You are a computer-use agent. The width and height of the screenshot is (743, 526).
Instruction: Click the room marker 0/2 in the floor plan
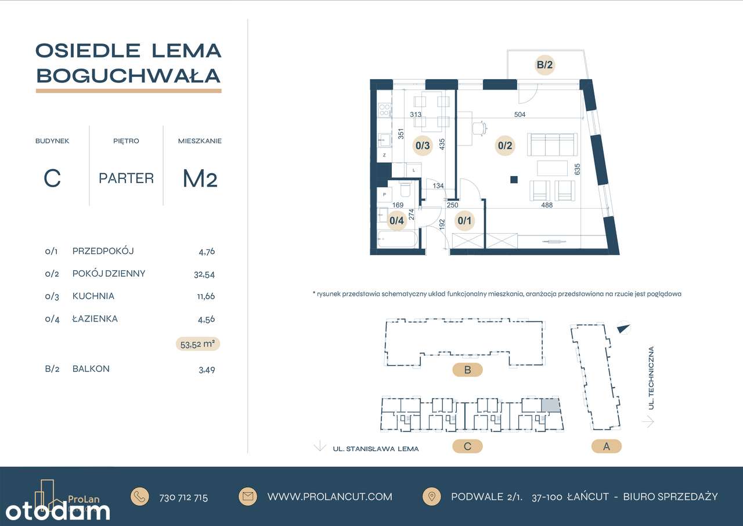tap(504, 146)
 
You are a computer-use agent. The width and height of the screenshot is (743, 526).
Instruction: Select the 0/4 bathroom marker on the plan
tap(396, 220)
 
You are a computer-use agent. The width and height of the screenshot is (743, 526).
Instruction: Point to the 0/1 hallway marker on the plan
tap(465, 220)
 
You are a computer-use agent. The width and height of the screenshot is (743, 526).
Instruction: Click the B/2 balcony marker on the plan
tap(544, 66)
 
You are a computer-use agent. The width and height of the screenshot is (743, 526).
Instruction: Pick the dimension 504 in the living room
tap(520, 114)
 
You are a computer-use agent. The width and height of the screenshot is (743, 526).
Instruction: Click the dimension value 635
tap(578, 170)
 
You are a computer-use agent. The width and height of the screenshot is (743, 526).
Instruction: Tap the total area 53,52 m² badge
tap(198, 344)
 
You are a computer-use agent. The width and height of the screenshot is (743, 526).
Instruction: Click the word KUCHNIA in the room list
tap(93, 296)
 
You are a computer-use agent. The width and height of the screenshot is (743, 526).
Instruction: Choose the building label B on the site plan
tap(467, 369)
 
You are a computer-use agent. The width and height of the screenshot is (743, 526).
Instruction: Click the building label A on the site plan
tap(607, 446)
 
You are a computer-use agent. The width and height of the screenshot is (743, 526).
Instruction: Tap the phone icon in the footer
tap(140, 496)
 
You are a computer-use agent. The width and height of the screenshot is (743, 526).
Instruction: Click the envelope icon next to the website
tap(248, 496)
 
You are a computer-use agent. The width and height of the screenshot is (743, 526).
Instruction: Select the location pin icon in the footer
tap(432, 496)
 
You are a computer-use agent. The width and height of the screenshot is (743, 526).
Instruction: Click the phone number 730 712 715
tap(183, 498)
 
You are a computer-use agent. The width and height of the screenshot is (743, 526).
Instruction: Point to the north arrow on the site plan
tap(623, 328)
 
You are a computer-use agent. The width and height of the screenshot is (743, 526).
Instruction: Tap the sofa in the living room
tap(551, 143)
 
